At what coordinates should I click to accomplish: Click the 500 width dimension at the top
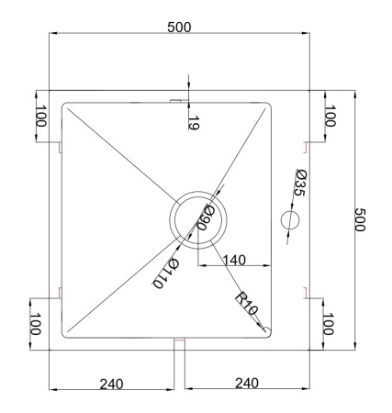coord(179,28)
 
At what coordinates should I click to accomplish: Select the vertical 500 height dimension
coord(360,220)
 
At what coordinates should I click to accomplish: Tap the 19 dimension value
coord(194,123)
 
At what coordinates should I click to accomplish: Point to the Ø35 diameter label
coord(299,183)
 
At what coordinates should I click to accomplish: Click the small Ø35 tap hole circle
coord(290,220)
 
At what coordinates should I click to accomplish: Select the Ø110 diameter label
coord(165,273)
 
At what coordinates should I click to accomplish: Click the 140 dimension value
coord(234,260)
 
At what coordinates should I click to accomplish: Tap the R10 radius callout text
coord(246,304)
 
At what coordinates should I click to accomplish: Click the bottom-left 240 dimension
coord(111,384)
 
